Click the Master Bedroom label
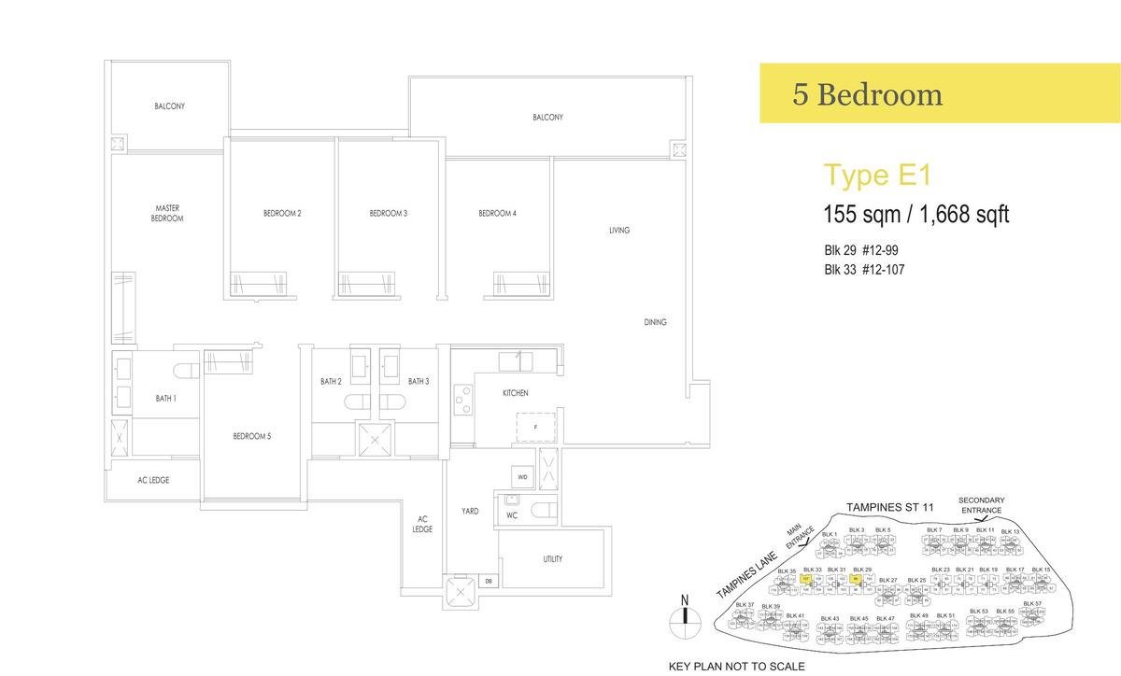168,213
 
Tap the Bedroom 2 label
281,214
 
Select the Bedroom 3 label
388,214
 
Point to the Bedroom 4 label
497,214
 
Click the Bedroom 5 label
251,436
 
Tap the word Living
618,230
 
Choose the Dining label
655,322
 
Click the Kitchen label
515,393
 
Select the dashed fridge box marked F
535,427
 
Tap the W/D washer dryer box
523,478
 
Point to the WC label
512,514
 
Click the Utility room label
552,559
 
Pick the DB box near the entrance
489,583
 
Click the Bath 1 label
165,399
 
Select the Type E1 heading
864,176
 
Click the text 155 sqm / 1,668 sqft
915,215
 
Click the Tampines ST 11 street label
889,507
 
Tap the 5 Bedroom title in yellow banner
867,94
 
